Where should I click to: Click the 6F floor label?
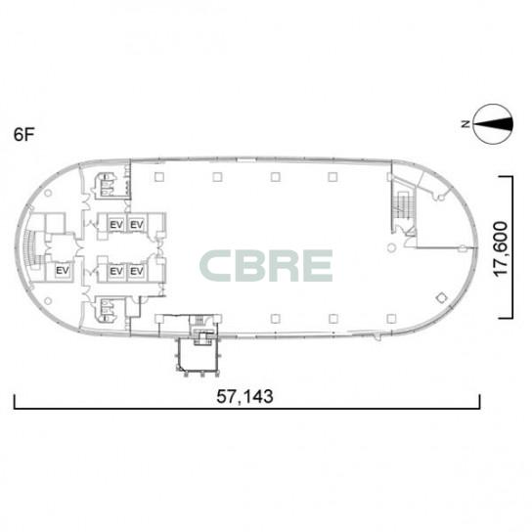pos(24,135)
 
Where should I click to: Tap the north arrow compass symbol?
pos(493,124)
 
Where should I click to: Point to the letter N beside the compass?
pos(465,124)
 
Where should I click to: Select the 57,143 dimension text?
pos(244,396)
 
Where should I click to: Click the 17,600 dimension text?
pos(502,249)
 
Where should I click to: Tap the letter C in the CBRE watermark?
pos(217,266)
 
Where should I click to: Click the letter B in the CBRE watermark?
pos(250,266)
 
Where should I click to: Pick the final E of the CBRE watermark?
pos(317,266)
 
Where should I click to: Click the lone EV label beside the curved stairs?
pos(63,271)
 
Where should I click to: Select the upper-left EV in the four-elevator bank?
pos(116,225)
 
